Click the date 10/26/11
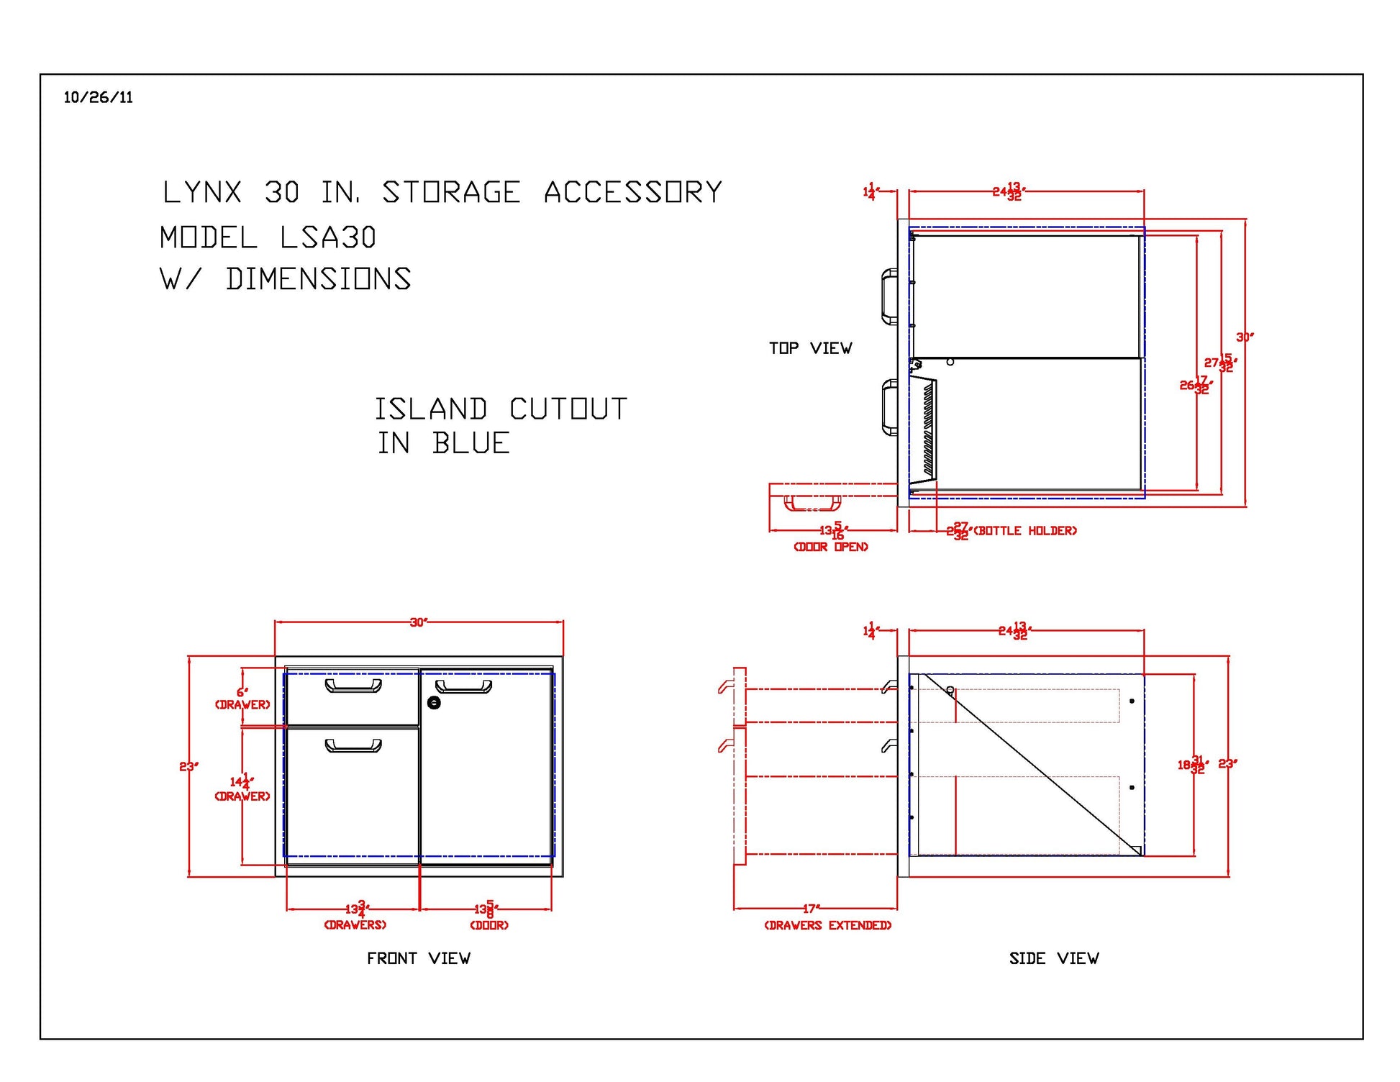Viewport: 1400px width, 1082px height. coord(98,98)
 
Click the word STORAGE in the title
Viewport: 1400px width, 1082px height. coord(450,193)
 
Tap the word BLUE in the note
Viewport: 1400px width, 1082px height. coord(471,443)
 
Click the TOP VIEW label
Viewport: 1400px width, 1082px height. coord(810,348)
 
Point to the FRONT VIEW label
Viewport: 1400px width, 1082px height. coord(418,958)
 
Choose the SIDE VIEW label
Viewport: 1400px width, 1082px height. coord(1053,958)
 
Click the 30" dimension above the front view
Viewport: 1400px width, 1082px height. coord(418,622)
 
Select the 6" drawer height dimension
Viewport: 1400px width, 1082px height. coord(242,692)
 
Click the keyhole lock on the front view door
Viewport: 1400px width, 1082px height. coord(434,702)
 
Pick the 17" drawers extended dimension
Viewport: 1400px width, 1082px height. coord(811,909)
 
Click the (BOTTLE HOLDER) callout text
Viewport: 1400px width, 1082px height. coord(1025,531)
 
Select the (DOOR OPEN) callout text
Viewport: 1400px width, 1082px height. coord(830,547)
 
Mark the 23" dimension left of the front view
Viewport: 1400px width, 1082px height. coord(188,766)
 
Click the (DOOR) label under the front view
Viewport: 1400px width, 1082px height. coord(489,925)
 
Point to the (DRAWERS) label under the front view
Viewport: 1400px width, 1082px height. coord(355,925)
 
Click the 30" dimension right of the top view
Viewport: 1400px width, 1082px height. coord(1244,337)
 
